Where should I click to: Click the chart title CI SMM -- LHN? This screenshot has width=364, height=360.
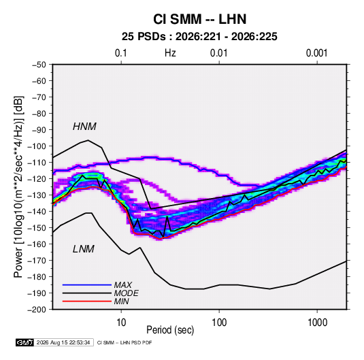click(x=199, y=19)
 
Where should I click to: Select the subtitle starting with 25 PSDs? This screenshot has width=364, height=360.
click(x=199, y=37)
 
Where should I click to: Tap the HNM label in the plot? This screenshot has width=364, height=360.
click(x=84, y=127)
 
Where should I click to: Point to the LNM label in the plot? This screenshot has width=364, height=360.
click(x=84, y=249)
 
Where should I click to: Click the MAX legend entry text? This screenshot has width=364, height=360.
click(x=122, y=284)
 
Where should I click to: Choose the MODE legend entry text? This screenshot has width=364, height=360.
click(x=126, y=293)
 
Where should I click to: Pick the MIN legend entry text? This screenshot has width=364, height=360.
click(x=121, y=301)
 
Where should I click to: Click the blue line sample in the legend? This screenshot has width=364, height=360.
click(x=87, y=284)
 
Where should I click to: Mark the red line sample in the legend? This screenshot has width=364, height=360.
click(x=87, y=301)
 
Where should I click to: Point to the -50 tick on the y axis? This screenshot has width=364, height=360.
click(x=39, y=65)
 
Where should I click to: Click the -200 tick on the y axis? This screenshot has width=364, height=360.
click(x=37, y=310)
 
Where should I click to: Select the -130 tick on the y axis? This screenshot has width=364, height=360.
click(x=37, y=195)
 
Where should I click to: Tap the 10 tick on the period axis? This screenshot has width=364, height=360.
click(x=121, y=323)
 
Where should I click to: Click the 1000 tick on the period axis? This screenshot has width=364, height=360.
click(x=317, y=323)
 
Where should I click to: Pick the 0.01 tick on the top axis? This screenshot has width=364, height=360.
click(x=219, y=53)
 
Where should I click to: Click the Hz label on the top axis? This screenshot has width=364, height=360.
click(x=170, y=53)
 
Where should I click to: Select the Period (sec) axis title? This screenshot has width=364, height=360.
click(x=170, y=330)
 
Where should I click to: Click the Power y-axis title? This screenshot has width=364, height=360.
click(x=18, y=186)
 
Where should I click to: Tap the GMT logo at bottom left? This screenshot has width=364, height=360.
click(x=24, y=342)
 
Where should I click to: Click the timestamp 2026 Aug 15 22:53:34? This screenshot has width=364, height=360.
click(x=63, y=342)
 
